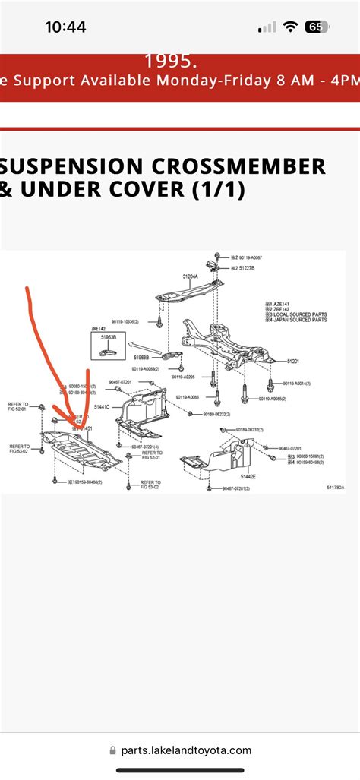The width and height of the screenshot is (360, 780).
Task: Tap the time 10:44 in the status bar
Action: [x=65, y=27]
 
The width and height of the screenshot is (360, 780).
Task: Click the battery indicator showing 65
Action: [x=316, y=27]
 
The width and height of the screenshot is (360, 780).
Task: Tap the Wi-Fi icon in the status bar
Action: [x=289, y=27]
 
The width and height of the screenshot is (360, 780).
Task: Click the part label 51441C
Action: [x=102, y=407]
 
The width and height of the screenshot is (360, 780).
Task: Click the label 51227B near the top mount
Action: [x=245, y=268]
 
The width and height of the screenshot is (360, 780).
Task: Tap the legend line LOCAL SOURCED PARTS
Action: [x=300, y=314]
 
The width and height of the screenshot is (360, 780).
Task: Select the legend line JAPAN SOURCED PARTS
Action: [x=300, y=320]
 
